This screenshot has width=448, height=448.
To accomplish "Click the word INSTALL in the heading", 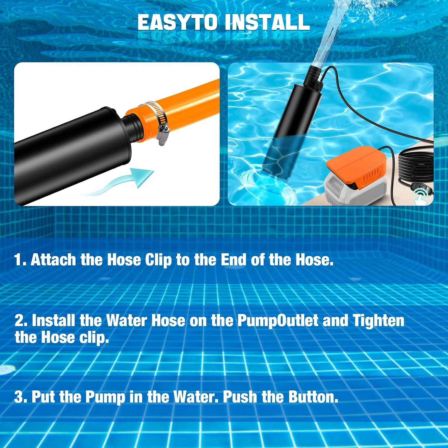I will (x=267, y=22).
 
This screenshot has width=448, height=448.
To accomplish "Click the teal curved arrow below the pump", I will (x=119, y=182).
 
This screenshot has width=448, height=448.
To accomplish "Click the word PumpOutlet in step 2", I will (x=278, y=321).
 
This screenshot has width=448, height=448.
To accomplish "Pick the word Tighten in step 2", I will (x=378, y=321).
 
